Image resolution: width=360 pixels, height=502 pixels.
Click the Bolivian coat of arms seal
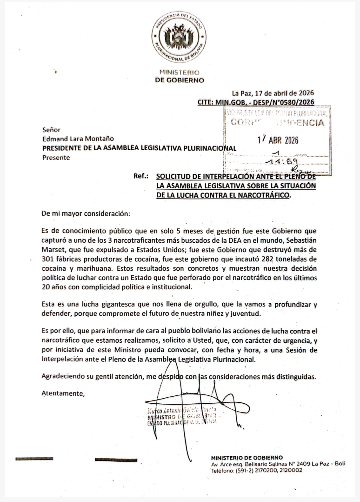click(179, 37)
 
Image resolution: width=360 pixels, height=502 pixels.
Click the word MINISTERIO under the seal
click(179, 72)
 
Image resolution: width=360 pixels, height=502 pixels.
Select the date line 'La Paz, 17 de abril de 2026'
click(273, 93)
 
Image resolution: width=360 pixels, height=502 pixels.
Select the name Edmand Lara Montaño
click(78, 139)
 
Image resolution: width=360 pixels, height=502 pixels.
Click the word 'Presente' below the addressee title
click(56, 158)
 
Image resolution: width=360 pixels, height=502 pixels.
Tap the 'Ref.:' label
click(141, 176)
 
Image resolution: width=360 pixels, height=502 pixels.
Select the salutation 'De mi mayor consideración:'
click(86, 214)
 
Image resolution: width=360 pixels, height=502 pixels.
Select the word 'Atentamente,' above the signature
click(63, 393)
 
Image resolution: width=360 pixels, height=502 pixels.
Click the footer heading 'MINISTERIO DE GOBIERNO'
click(247, 458)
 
